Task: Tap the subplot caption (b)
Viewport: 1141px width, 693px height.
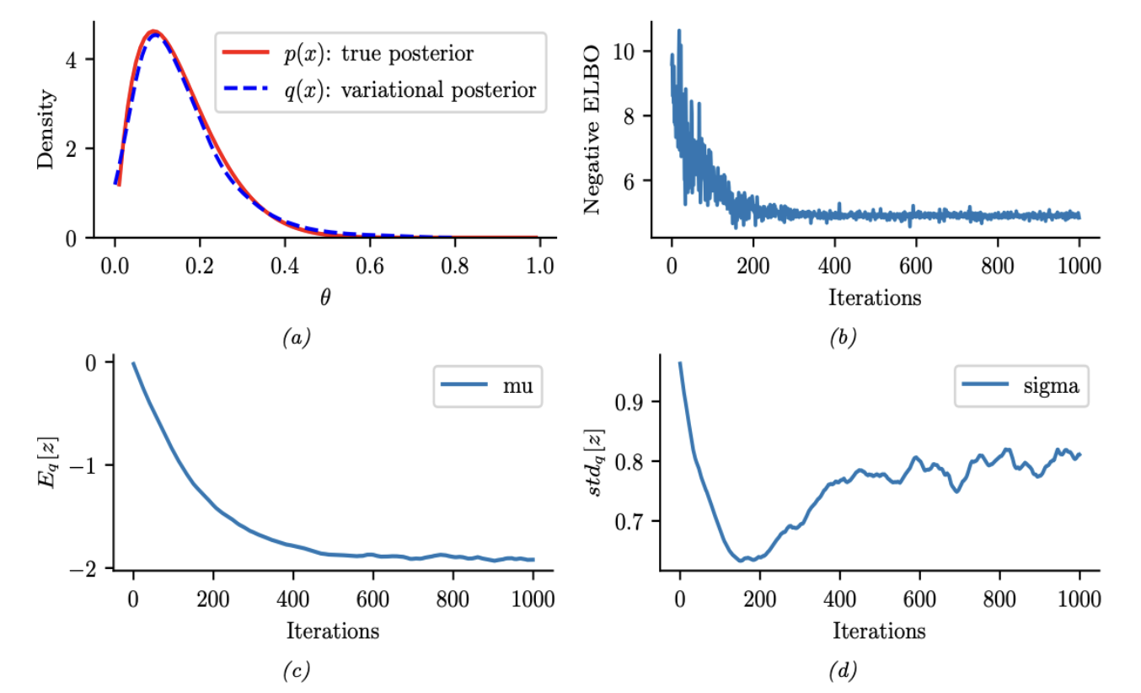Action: point(842,339)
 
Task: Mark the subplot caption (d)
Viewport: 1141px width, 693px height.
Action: point(842,671)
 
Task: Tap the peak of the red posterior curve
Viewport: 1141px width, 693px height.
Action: point(152,32)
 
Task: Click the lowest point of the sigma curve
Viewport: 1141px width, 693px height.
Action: point(741,561)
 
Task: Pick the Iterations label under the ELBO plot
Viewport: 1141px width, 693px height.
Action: point(874,297)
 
